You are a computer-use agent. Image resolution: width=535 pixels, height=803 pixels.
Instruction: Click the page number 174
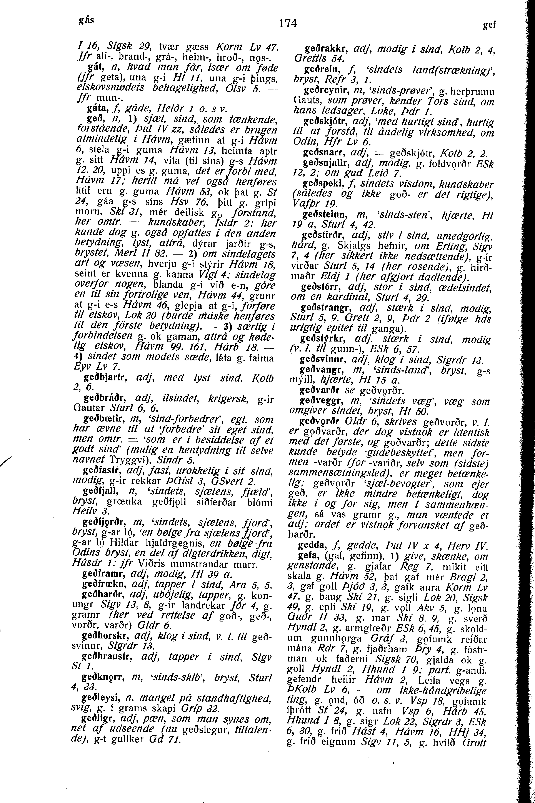pos(288,23)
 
